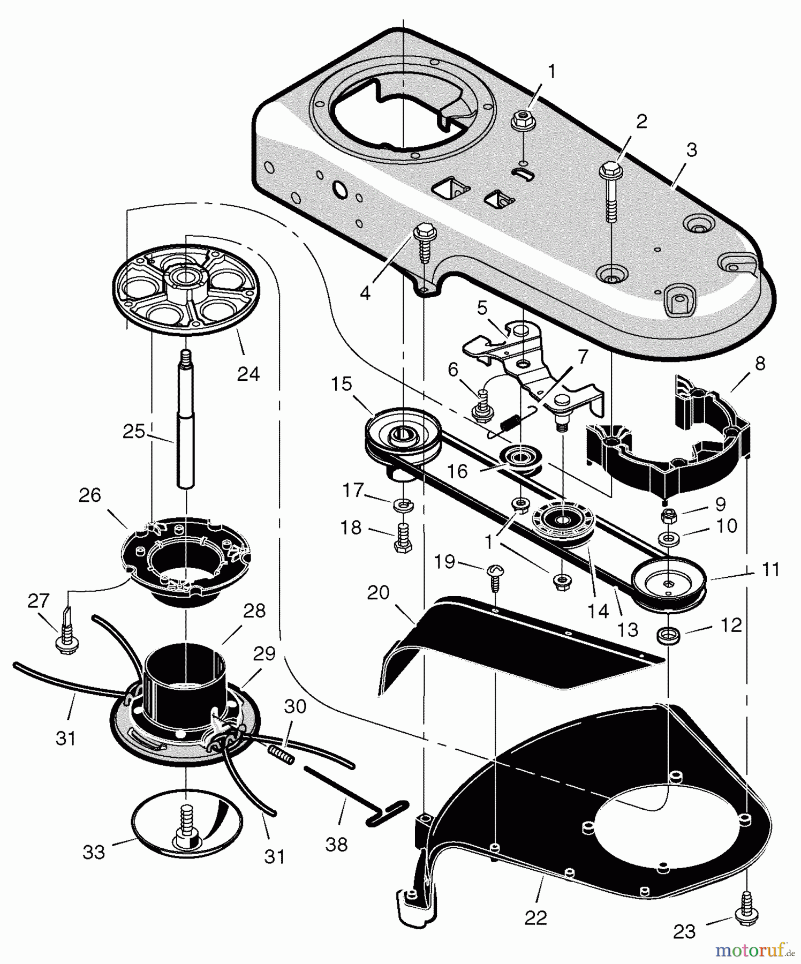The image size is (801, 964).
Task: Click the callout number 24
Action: click(x=248, y=373)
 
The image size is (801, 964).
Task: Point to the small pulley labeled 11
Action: click(x=669, y=583)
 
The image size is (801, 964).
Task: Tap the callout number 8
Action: click(x=760, y=364)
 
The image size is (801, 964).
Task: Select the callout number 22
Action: click(x=535, y=917)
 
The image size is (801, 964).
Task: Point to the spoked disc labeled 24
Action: click(x=186, y=289)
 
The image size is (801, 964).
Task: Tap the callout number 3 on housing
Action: click(x=692, y=150)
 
